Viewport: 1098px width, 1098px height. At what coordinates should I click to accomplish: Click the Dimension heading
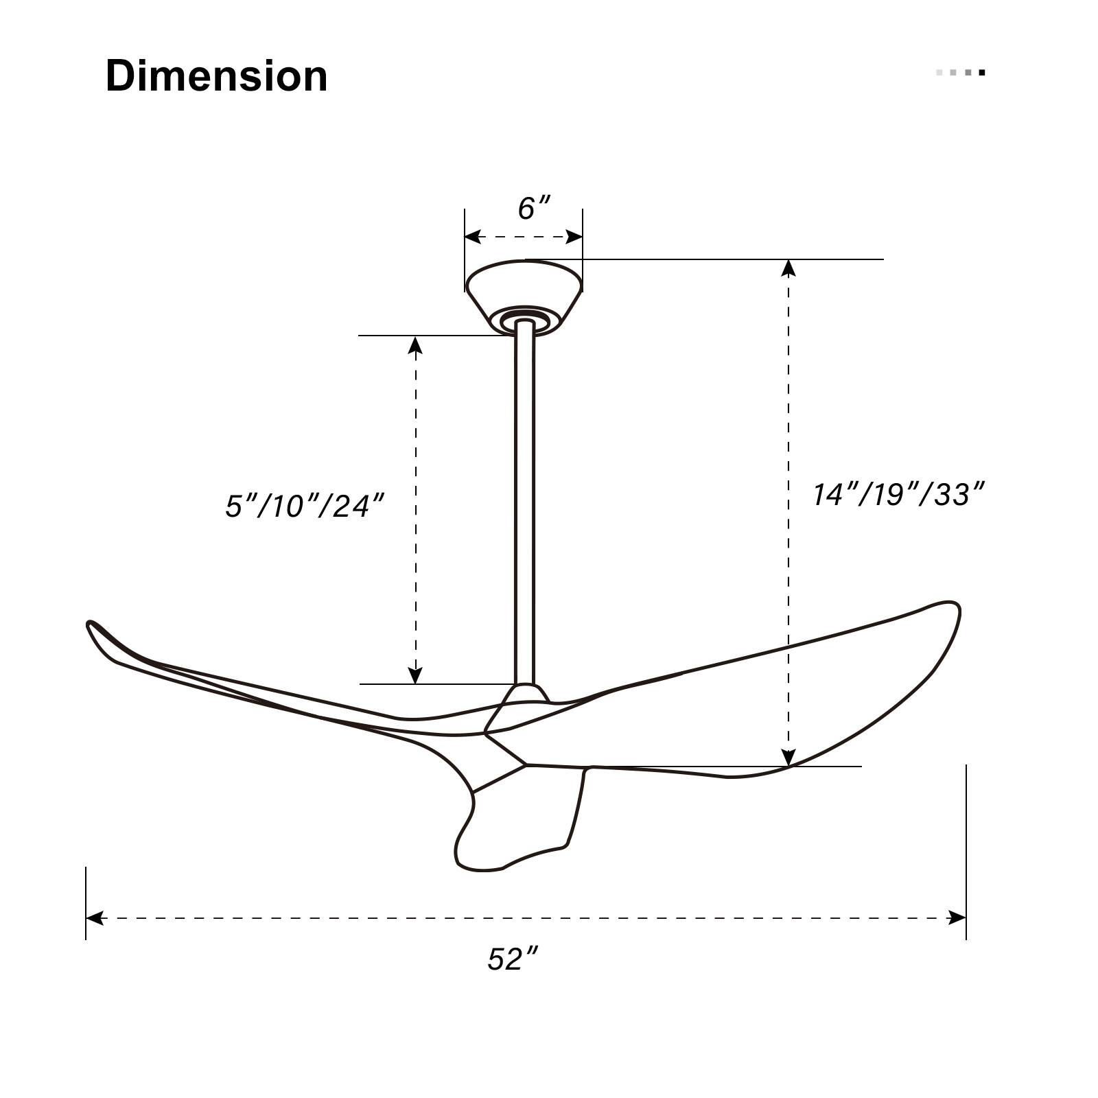coord(216,75)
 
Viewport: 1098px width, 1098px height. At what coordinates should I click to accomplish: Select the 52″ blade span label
coord(512,959)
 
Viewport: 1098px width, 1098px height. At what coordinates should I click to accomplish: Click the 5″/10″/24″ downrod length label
coord(304,506)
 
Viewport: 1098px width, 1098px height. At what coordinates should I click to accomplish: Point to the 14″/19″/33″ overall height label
coord(898,494)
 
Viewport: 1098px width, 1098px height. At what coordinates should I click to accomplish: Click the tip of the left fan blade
coord(93,626)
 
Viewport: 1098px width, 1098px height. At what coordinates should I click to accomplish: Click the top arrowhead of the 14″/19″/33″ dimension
coord(789,268)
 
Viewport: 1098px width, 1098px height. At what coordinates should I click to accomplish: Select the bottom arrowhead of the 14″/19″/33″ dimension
coord(789,758)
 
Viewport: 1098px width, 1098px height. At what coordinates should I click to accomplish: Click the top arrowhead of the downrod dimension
coord(415,344)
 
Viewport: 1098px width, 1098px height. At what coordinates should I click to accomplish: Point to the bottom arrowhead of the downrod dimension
coord(415,676)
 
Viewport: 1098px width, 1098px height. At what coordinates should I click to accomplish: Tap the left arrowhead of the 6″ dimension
coord(472,237)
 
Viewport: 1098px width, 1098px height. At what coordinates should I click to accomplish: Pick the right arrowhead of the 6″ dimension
coord(574,237)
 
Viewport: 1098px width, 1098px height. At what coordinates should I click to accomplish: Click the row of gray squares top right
coord(961,72)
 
